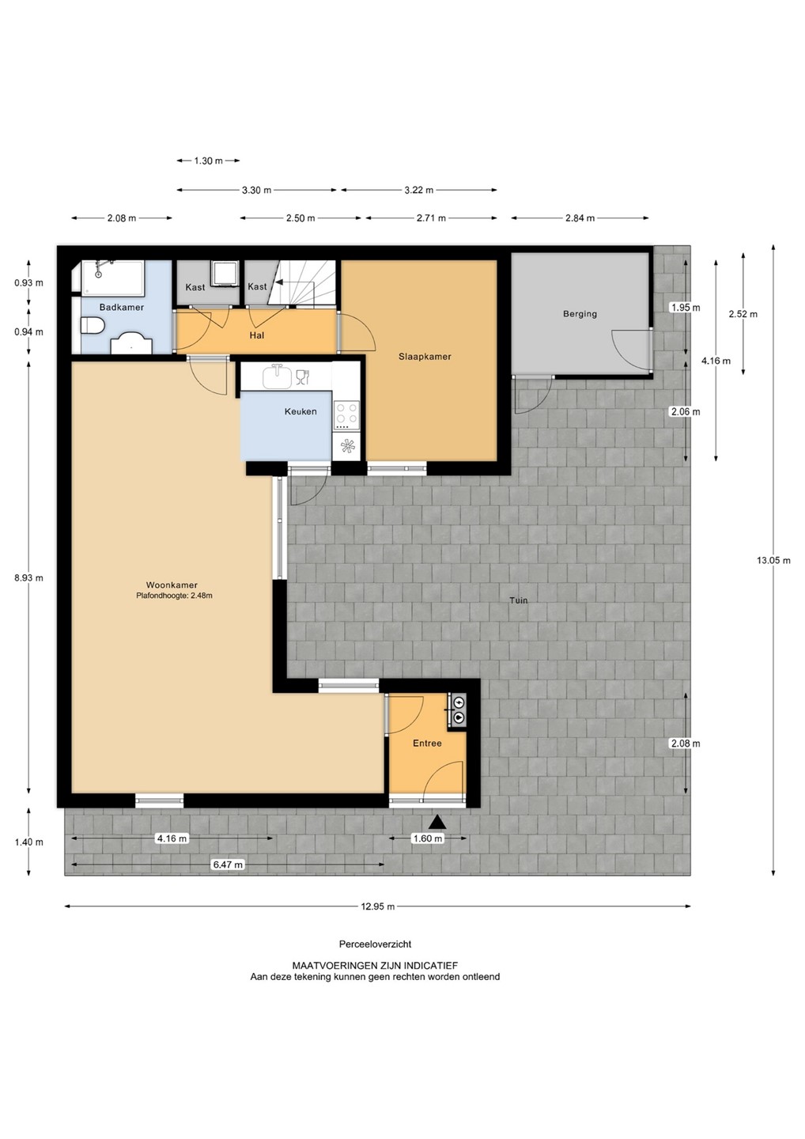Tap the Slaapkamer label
425,357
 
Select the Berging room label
580,314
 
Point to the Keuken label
300,411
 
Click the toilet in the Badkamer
93,325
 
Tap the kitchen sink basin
277,377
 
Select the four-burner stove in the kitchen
346,414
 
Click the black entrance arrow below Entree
437,822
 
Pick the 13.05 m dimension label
773,560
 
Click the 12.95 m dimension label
378,906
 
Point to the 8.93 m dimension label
29,577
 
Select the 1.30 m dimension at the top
208,161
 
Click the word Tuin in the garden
519,600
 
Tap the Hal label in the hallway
257,335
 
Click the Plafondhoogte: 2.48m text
174,596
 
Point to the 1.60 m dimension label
428,838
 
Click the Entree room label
427,743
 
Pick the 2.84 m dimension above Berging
580,218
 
